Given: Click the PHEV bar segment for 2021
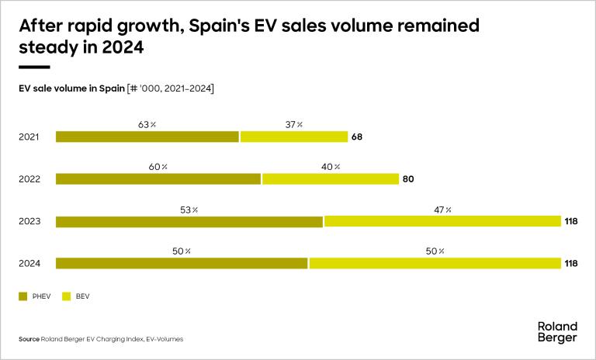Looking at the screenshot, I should click(147, 137).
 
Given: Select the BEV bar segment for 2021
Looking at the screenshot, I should click(294, 137).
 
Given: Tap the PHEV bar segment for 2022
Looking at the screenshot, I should click(158, 179).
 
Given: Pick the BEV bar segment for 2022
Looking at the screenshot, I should click(331, 179).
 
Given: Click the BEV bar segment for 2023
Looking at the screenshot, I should click(442, 221).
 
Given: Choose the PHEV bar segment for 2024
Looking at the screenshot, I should click(182, 263).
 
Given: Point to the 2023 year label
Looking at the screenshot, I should click(29, 221).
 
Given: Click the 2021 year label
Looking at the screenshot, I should click(29, 137).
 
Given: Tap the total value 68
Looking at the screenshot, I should click(357, 137).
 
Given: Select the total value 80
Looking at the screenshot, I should click(408, 179).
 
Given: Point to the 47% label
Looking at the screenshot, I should click(443, 209).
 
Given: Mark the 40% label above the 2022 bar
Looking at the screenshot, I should click(331, 166).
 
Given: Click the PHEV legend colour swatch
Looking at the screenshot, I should click(23, 296).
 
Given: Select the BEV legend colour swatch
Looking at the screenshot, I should click(67, 296).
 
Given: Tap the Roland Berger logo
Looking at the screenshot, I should click(557, 332).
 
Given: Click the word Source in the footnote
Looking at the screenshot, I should click(29, 339).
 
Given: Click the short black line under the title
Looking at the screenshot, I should click(34, 67).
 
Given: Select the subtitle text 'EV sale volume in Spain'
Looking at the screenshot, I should click(71, 88).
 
